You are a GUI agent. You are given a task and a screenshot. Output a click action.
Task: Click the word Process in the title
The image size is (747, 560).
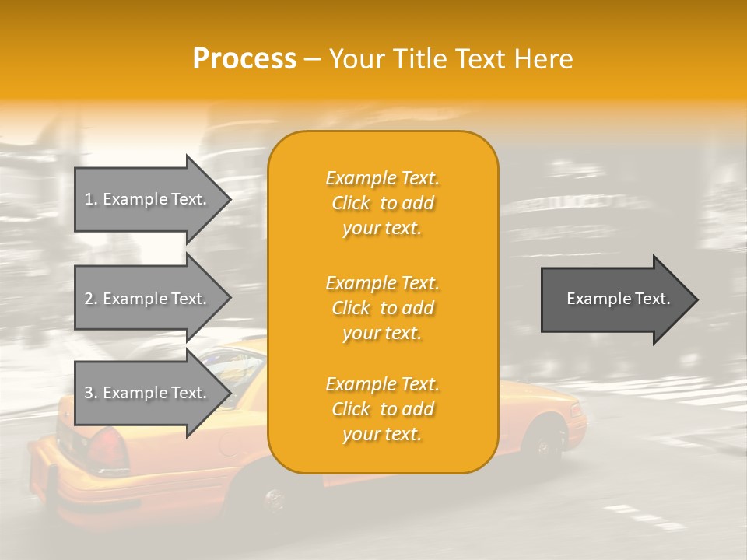tap(244, 59)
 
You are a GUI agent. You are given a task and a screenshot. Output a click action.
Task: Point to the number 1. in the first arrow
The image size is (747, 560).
tap(90, 199)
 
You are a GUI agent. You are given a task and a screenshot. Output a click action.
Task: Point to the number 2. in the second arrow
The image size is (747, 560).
tap(90, 299)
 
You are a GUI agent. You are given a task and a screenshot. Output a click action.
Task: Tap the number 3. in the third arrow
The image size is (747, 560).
tap(90, 393)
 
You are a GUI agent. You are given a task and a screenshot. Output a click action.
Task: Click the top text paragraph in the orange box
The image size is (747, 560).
tap(382, 203)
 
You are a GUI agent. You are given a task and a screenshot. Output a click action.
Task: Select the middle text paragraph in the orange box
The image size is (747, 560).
tap(382, 308)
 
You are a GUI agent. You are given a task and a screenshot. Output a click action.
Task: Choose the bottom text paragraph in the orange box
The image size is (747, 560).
tap(382, 409)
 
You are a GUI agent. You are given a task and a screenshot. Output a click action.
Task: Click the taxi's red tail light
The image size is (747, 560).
tap(108, 449)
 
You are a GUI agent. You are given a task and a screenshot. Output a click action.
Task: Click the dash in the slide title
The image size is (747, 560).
tap(312, 59)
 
